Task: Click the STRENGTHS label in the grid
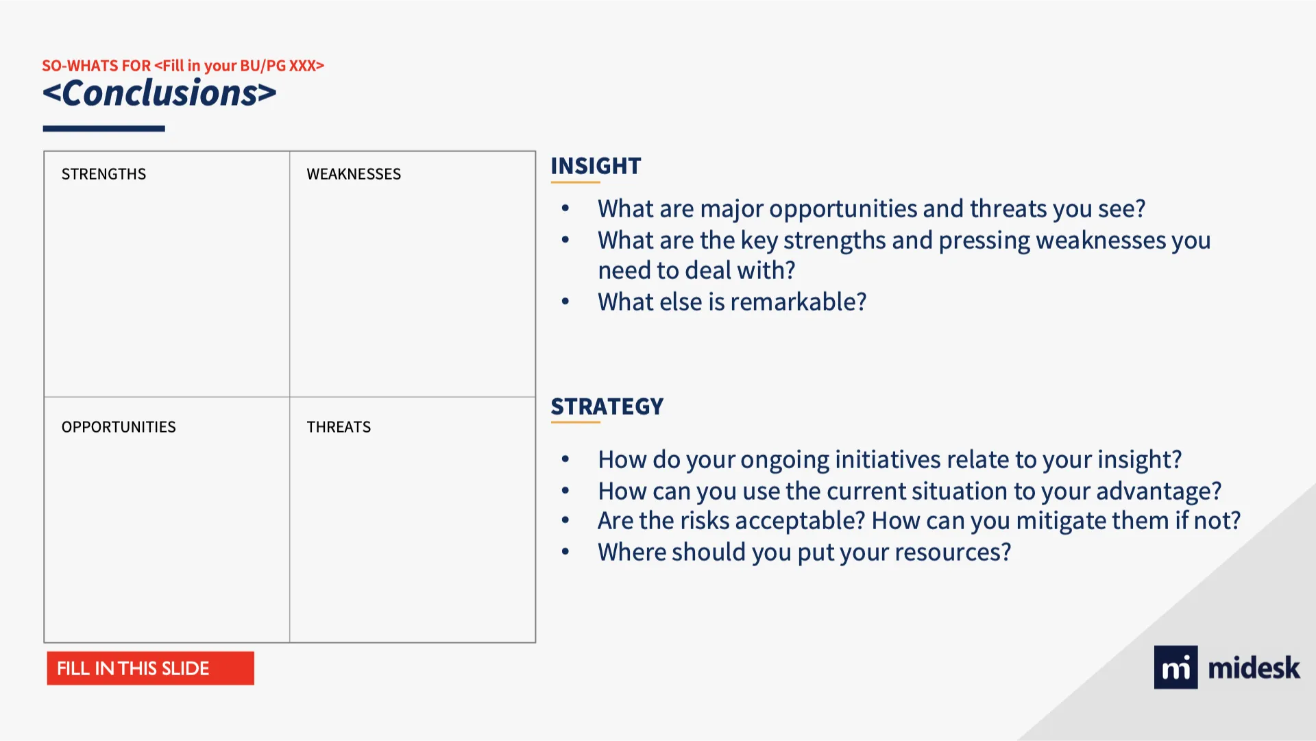pos(103,174)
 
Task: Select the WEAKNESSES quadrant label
pos(354,174)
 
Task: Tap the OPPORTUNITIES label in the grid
pos(119,427)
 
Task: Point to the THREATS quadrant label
pos(339,427)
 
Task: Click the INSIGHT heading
pos(596,166)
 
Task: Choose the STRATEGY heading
pos(607,406)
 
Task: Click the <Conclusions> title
pos(160,93)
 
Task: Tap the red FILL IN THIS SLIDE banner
pos(150,668)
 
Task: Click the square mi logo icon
pos(1175,667)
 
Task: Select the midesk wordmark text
pos(1254,668)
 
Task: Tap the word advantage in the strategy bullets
pos(1159,491)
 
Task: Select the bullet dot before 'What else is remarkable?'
pos(565,302)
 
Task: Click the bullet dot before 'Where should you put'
pos(565,552)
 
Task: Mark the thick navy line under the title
pos(104,128)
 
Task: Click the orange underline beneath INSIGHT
pos(575,182)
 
